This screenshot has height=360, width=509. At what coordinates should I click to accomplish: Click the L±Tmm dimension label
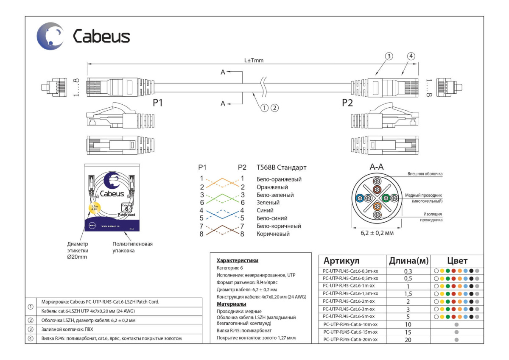[254, 60]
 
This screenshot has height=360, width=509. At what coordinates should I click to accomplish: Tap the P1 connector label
[158, 103]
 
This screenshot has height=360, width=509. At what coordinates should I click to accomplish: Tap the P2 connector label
[347, 103]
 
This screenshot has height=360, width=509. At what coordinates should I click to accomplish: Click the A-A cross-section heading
[377, 167]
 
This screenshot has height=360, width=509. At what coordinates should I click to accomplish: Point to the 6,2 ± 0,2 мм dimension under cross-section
[377, 233]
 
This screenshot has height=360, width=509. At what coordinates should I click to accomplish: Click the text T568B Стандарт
[281, 167]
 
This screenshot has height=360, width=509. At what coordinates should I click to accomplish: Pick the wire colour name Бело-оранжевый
[279, 179]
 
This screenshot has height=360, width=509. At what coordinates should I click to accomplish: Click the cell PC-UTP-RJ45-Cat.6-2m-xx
[349, 301]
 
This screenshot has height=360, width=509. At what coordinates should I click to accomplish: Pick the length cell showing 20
[408, 340]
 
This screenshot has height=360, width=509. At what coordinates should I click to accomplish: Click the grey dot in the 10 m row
[456, 324]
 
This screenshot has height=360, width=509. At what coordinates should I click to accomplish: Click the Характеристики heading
[237, 260]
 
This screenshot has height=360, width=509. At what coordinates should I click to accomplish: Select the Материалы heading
[232, 304]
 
